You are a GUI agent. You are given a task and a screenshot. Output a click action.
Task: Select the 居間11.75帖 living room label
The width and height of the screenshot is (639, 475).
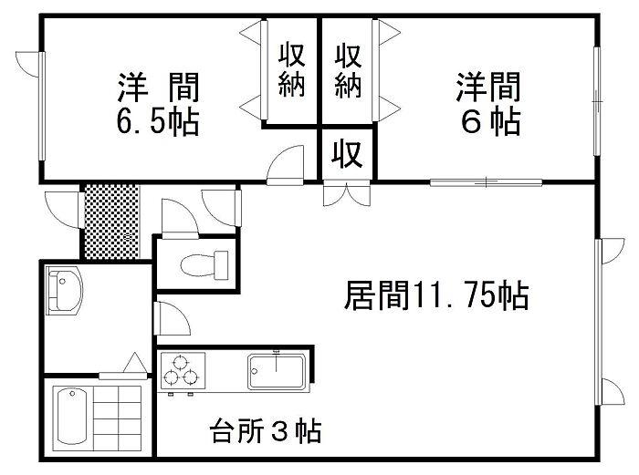(436, 295)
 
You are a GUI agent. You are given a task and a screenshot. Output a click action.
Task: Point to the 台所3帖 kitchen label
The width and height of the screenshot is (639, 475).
(265, 430)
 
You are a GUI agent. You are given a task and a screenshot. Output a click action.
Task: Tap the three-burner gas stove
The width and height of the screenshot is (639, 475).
(183, 373)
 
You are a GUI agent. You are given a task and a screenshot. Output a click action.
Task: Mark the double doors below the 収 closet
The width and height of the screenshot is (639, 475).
(346, 195)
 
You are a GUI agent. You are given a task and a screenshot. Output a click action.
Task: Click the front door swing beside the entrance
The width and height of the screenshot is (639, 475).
(62, 212)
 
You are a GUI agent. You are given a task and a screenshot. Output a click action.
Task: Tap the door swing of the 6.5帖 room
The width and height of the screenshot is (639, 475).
(288, 165)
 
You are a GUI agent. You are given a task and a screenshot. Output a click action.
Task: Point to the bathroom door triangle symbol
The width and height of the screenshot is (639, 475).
(133, 364)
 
